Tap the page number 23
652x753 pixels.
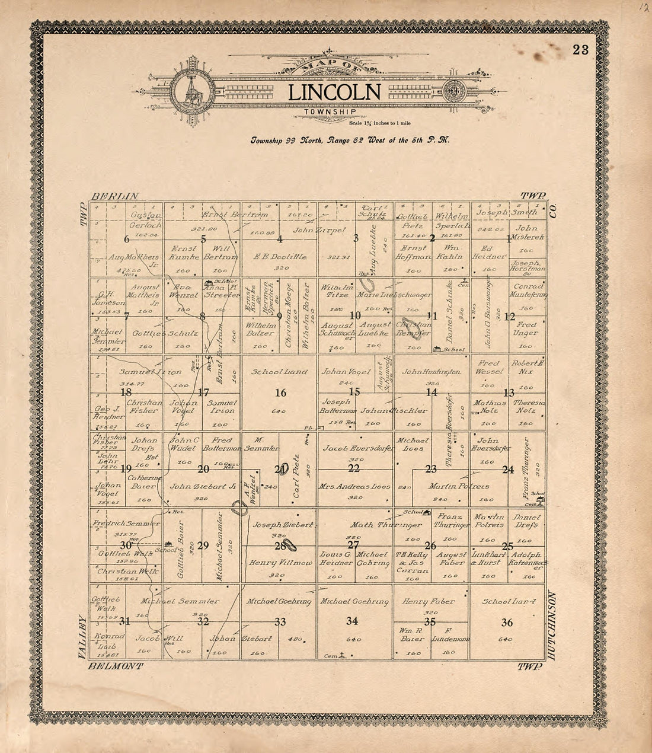[581, 50]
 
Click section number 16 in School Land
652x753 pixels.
[280, 393]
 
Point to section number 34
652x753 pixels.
[352, 621]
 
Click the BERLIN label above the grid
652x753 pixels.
[115, 196]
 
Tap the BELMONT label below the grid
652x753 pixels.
[116, 666]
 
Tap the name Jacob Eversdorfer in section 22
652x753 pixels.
[358, 449]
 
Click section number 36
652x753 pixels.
[507, 622]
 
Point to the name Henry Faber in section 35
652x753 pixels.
[429, 601]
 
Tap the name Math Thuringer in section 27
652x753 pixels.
[385, 525]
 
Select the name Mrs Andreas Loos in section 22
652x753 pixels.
[354, 486]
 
